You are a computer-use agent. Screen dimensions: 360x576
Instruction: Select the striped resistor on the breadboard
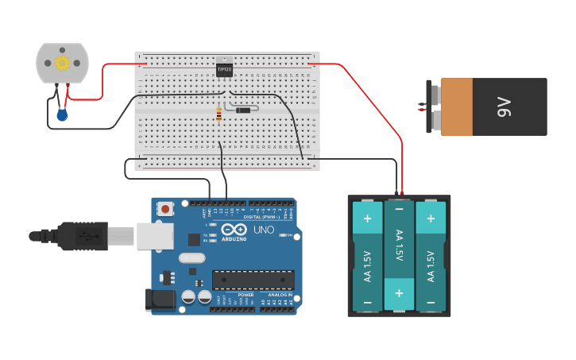219,114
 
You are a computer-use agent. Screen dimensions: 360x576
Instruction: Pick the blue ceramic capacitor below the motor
62,115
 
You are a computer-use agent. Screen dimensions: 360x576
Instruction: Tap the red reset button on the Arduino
165,209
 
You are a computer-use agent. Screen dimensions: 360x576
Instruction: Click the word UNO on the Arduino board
263,230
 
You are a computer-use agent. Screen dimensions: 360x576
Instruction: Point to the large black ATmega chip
253,280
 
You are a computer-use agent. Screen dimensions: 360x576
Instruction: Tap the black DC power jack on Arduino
159,300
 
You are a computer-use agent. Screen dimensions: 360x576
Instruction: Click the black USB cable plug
79,236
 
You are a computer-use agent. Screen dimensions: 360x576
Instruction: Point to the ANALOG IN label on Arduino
278,295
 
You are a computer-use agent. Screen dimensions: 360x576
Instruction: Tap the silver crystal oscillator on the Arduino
191,257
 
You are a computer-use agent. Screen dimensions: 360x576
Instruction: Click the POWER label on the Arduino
245,295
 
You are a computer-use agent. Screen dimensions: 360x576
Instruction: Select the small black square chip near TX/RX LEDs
194,238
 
